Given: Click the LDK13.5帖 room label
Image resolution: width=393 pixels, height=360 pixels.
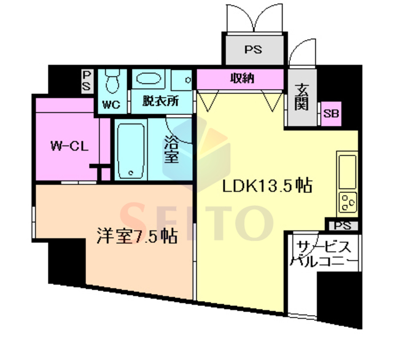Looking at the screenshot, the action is click(268, 186).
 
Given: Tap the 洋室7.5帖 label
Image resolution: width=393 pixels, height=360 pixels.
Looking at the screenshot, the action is click(137, 236).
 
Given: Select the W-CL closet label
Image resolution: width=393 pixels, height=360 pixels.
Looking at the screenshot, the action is click(69, 146).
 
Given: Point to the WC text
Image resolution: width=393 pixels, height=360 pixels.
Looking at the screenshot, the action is click(111, 104).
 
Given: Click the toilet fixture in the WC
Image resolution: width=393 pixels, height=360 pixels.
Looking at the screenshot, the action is click(112, 80).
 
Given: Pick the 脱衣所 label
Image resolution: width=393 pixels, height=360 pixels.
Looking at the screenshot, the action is click(161, 101).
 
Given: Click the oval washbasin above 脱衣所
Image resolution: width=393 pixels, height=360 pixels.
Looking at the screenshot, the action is click(149, 79).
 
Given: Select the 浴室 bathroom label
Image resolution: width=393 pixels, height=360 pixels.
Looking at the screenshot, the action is click(171, 149).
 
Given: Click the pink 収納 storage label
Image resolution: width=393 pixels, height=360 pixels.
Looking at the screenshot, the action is click(242, 79).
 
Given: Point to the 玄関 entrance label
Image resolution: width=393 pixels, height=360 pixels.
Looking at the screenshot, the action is click(302, 97).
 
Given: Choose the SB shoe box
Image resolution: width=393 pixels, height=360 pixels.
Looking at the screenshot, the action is click(331, 114).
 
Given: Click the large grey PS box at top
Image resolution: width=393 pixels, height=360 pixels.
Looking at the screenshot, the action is click(254, 50).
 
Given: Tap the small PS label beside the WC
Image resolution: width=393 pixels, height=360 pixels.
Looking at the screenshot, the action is click(87, 81).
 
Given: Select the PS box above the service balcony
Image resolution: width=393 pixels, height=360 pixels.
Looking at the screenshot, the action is click(343, 226).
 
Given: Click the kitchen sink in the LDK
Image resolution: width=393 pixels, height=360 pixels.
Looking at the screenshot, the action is click(347, 172).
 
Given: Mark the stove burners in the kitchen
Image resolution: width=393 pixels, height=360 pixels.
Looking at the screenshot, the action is click(348, 202).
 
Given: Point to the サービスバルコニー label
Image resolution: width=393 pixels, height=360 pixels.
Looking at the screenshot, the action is click(324, 254).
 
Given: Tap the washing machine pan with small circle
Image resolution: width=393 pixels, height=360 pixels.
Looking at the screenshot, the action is click(182, 80).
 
